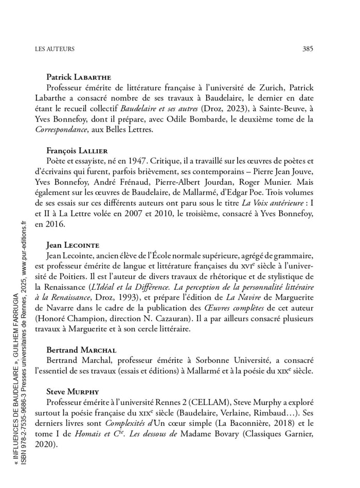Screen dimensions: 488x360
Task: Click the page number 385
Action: pyautogui.click(x=308, y=49)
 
